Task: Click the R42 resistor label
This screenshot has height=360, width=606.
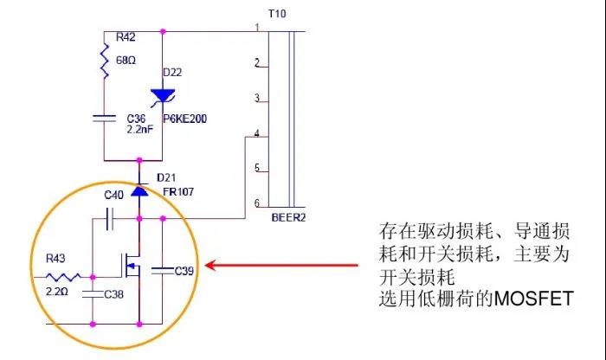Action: tap(125, 38)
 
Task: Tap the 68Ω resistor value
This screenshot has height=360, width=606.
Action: tap(126, 61)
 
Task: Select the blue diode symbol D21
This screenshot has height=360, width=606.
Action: tap(139, 190)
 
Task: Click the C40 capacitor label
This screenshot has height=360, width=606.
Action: tap(114, 196)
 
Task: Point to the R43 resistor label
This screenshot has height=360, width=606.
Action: tap(55, 257)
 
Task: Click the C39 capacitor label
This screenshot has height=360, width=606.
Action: tap(184, 271)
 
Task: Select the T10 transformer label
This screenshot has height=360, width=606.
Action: tap(278, 14)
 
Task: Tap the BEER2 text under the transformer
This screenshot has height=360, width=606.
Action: tap(288, 217)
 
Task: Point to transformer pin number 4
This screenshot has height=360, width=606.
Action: tap(256, 133)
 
